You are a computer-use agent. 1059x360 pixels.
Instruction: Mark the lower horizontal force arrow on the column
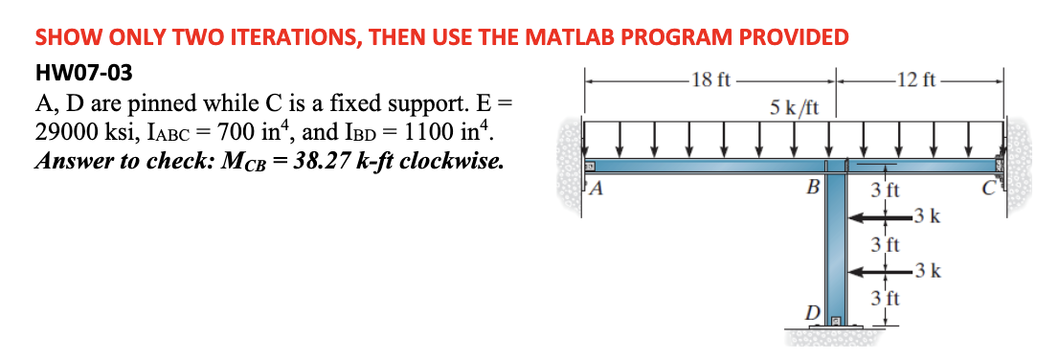pyautogui.click(x=879, y=272)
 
